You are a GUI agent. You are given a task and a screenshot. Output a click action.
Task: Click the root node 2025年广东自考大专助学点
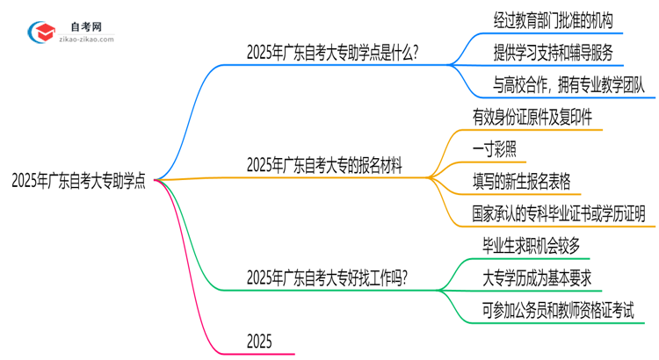[x=78, y=181]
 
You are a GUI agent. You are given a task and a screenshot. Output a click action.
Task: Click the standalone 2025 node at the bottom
[x=260, y=341]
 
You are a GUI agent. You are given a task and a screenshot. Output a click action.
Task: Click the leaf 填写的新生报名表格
[x=521, y=181]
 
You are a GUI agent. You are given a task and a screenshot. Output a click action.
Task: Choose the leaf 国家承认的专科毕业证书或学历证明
[x=558, y=212]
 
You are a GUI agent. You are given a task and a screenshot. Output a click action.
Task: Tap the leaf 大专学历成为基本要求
[x=536, y=278]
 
